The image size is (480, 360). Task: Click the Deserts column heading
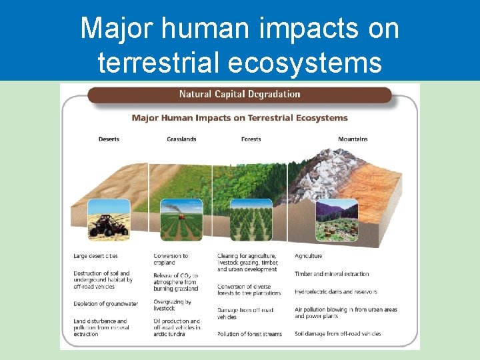tap(109, 139)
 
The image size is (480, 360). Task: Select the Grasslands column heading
tap(181, 139)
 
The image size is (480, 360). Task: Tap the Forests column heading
tap(251, 139)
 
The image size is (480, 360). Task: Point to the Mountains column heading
tap(352, 139)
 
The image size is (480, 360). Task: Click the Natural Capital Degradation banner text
tap(240, 94)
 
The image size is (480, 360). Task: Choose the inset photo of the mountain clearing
tap(337, 220)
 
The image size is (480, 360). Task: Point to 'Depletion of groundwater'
tap(105, 304)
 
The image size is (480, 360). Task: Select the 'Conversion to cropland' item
tap(171, 259)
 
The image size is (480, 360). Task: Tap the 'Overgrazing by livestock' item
tap(172, 305)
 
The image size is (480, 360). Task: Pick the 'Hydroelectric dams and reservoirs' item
tap(336, 292)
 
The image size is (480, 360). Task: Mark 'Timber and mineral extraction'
tap(331, 274)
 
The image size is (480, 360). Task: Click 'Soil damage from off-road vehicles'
tap(337, 333)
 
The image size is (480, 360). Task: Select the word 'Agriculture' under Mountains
tap(308, 256)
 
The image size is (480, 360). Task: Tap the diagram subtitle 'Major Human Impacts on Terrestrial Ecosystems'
tap(239, 118)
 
